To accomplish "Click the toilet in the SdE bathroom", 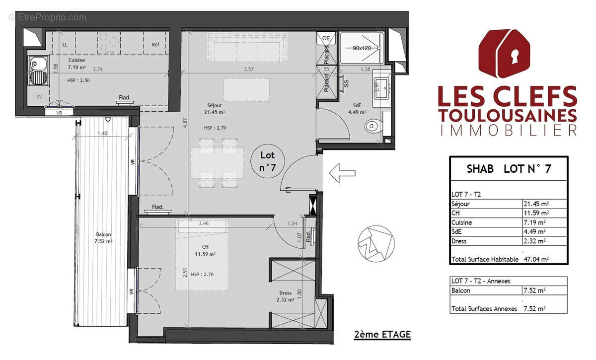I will pyautogui.click(x=373, y=127).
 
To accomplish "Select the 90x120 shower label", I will pyautogui.click(x=362, y=48).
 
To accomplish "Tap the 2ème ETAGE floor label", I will pyautogui.click(x=382, y=334).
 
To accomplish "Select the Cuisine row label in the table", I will pyautogui.click(x=462, y=222).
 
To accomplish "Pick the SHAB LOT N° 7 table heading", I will pyautogui.click(x=509, y=169).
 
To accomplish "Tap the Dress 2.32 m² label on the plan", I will pyautogui.click(x=285, y=296).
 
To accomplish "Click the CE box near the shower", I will pyautogui.click(x=326, y=38).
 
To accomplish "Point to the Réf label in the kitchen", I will pyautogui.click(x=155, y=45).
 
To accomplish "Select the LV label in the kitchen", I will pyautogui.click(x=39, y=96).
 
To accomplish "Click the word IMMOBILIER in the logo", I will pyautogui.click(x=508, y=130).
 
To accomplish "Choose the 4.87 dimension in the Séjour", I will pyautogui.click(x=184, y=123).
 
